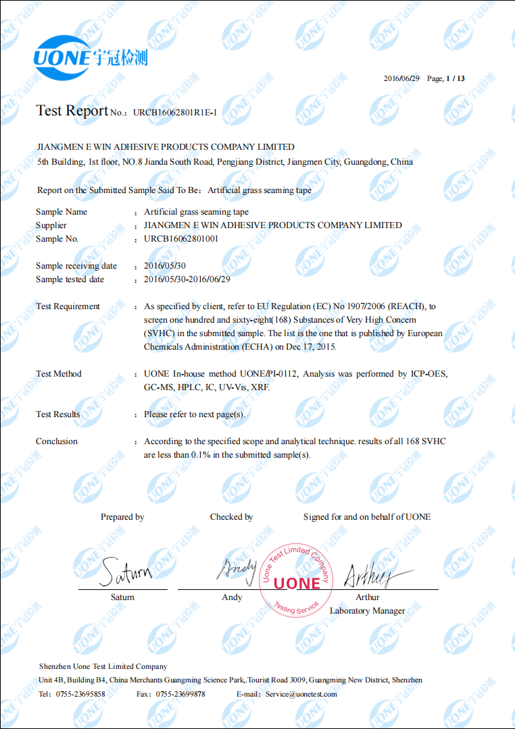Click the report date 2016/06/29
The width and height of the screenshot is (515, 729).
[x=401, y=78]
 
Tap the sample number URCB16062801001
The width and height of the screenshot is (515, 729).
[x=181, y=239]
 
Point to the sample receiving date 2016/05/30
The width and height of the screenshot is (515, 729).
[x=165, y=266]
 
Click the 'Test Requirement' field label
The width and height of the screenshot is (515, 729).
[x=68, y=306]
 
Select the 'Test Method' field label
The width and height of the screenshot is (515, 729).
[x=59, y=374]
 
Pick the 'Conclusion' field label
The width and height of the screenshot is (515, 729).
[x=57, y=441]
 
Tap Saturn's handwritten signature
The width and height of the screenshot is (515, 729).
[x=126, y=572]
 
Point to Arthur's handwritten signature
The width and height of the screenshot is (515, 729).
[x=372, y=575]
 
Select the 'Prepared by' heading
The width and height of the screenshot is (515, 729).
[x=122, y=517]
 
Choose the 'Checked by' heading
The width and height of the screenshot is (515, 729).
[x=231, y=517]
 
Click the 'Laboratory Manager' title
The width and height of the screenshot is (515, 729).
[x=367, y=611]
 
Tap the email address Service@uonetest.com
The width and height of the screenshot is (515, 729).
[x=301, y=694]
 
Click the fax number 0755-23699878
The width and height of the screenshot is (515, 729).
[x=180, y=694]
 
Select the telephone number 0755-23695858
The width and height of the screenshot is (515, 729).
[x=80, y=694]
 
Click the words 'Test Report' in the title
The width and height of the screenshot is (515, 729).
[x=72, y=111]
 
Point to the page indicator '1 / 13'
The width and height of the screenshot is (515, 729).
[x=456, y=78]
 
